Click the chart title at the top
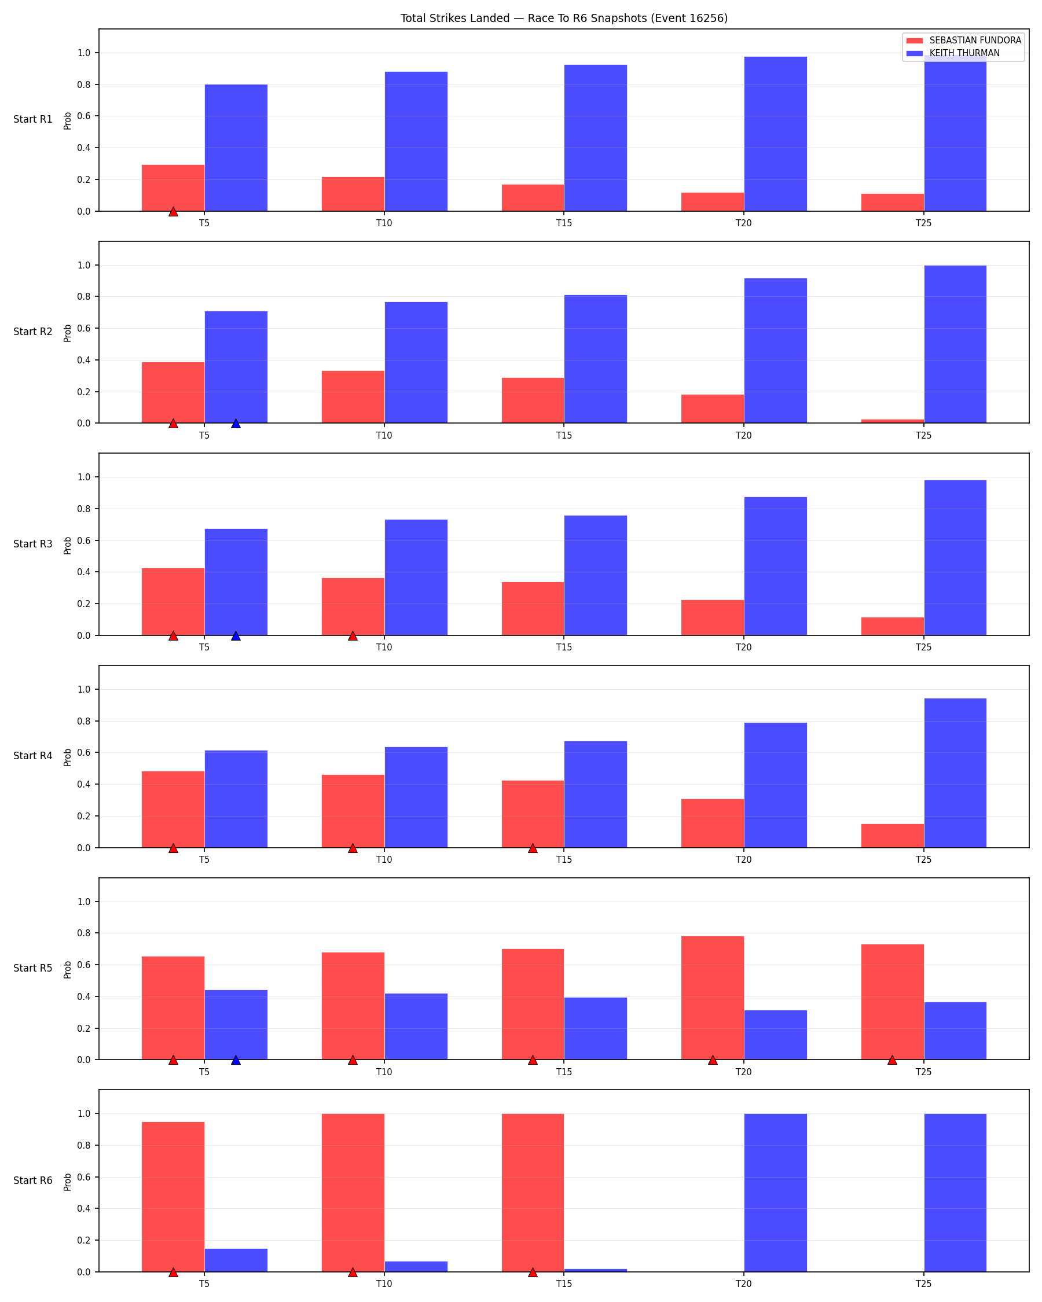coord(564,18)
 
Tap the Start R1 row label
coord(33,120)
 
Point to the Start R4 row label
coord(33,756)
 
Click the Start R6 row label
coord(33,1180)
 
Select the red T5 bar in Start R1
coord(173,188)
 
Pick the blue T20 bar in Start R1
coord(775,134)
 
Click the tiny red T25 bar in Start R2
coord(892,421)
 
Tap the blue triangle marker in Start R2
coord(236,424)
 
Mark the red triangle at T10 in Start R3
coord(353,636)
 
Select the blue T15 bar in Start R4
coord(596,794)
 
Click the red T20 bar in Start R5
coord(713,998)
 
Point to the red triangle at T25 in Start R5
coord(892,1060)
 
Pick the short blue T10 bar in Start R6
coord(416,1266)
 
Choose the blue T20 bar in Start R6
coord(775,1193)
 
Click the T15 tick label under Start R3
coord(564,648)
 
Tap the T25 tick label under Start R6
coord(923,1284)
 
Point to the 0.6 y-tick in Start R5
coord(84,965)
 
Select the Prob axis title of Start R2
coord(68,333)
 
